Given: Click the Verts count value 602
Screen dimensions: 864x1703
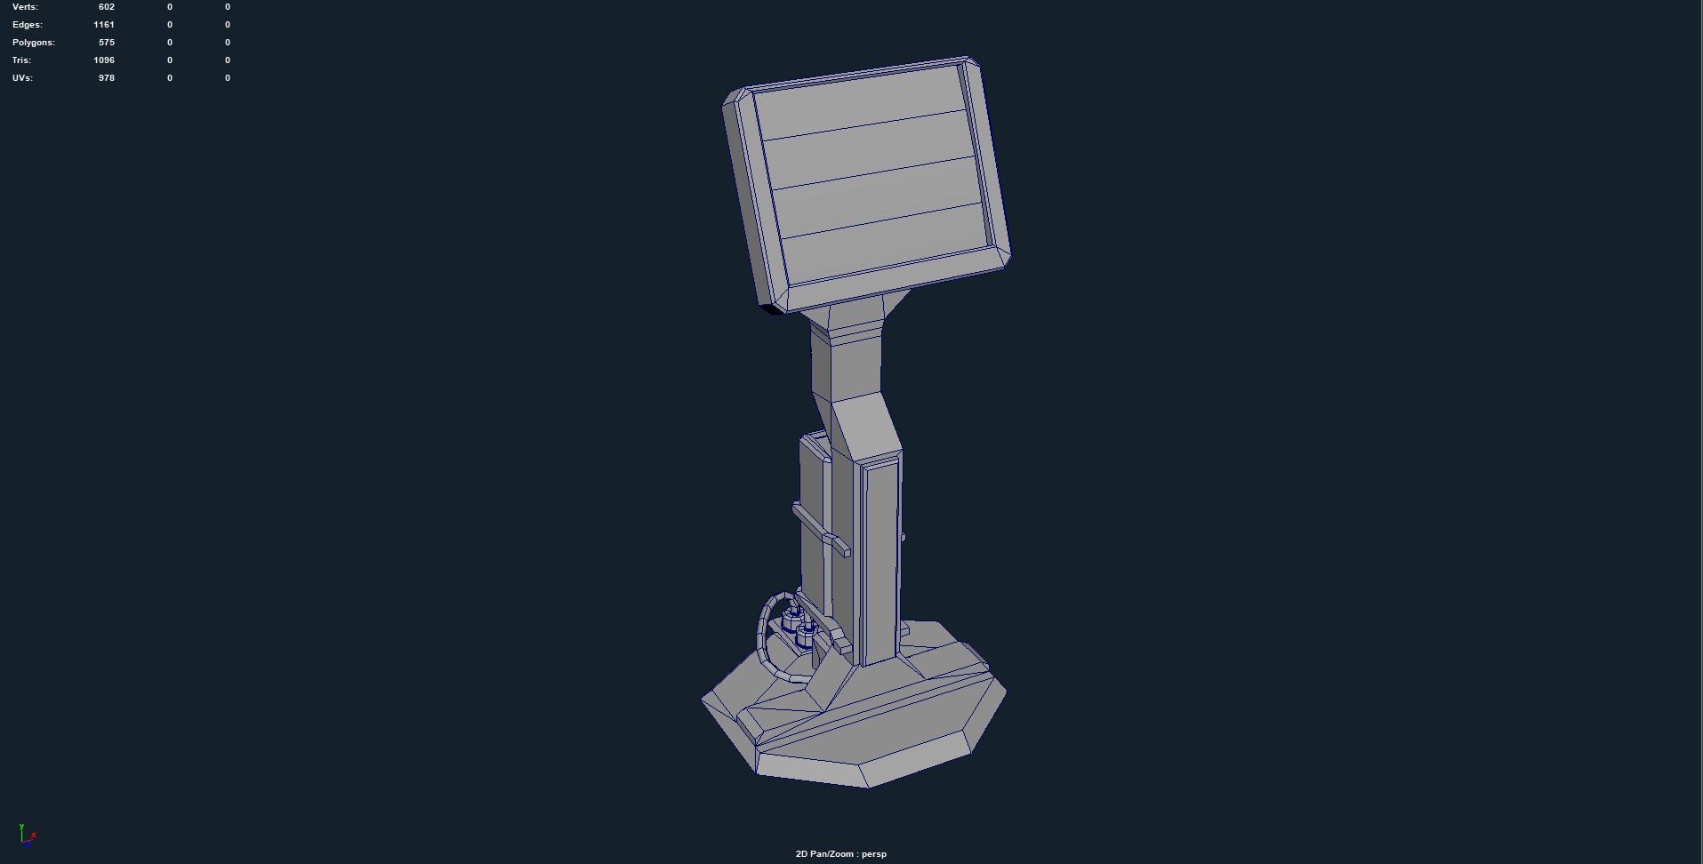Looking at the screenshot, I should coord(106,7).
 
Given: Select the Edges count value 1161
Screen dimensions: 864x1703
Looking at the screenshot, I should coord(103,25).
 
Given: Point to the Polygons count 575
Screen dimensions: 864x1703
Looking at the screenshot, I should coord(106,43).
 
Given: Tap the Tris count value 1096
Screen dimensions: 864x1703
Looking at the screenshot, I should coord(103,60).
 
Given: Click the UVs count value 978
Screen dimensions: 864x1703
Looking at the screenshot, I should coord(106,78).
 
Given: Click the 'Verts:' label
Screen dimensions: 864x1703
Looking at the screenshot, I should coord(25,7).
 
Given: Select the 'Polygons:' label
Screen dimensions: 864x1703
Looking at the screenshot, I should coord(33,43).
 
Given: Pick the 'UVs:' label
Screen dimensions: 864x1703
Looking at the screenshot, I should coord(22,78).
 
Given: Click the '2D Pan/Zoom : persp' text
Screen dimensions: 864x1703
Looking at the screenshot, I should coord(840,854).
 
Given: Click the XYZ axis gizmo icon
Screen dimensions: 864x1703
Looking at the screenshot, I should coord(27,835).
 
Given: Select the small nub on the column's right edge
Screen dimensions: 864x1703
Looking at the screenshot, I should coord(903,537).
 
